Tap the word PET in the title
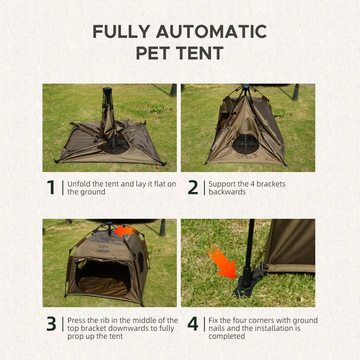tap(153, 53)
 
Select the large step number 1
tap(51, 187)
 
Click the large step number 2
tap(193, 187)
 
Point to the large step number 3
tap(51, 324)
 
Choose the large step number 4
tap(193, 324)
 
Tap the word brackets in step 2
tap(271, 184)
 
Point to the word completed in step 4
tap(226, 336)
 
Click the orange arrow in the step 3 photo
tap(126, 231)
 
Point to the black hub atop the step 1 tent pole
tap(107, 89)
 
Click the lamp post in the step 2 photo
tap(296, 92)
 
